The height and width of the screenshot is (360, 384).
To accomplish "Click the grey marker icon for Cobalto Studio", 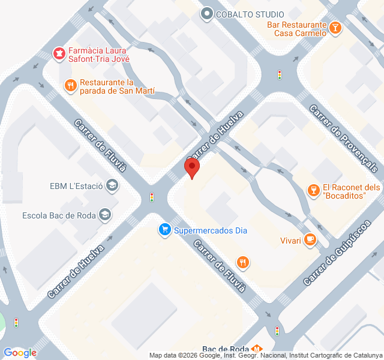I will (x=208, y=13).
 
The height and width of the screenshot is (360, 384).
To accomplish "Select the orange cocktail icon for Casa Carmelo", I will (x=335, y=27).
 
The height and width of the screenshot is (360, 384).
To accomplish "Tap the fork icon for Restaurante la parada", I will (x=71, y=85).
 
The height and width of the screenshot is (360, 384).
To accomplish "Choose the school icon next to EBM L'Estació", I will (x=112, y=185).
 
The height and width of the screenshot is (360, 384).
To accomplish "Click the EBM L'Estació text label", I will (x=76, y=186).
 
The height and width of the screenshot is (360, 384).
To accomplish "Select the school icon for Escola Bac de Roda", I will (x=106, y=215).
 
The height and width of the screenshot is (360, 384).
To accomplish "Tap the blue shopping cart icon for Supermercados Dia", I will (x=164, y=229).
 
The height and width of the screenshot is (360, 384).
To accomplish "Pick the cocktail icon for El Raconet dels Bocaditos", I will (x=312, y=191).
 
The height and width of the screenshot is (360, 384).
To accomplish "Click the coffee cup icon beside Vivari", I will (x=310, y=240).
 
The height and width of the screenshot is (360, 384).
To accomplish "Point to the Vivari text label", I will (x=290, y=241).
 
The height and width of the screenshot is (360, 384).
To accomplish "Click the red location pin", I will (x=192, y=167).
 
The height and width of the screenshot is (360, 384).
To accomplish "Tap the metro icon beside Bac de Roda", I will (x=257, y=349).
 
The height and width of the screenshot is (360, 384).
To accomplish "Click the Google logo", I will (x=20, y=353).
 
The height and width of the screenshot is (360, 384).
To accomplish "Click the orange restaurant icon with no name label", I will (x=243, y=262).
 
